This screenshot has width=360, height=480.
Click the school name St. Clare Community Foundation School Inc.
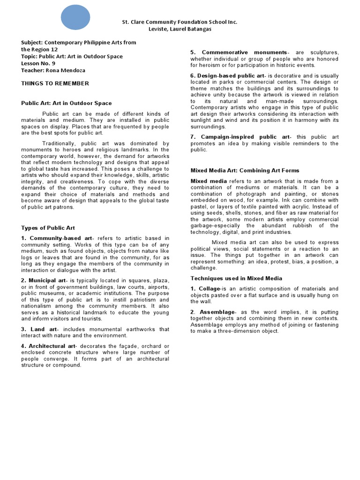(180, 22)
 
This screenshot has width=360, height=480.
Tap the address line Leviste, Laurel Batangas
(180, 29)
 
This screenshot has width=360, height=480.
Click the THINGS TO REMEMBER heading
(55, 83)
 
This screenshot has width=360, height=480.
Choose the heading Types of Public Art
(48, 228)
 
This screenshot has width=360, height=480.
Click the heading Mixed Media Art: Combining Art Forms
(245, 171)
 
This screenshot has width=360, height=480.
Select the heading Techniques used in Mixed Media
(236, 278)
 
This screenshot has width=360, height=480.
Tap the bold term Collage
(209, 289)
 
